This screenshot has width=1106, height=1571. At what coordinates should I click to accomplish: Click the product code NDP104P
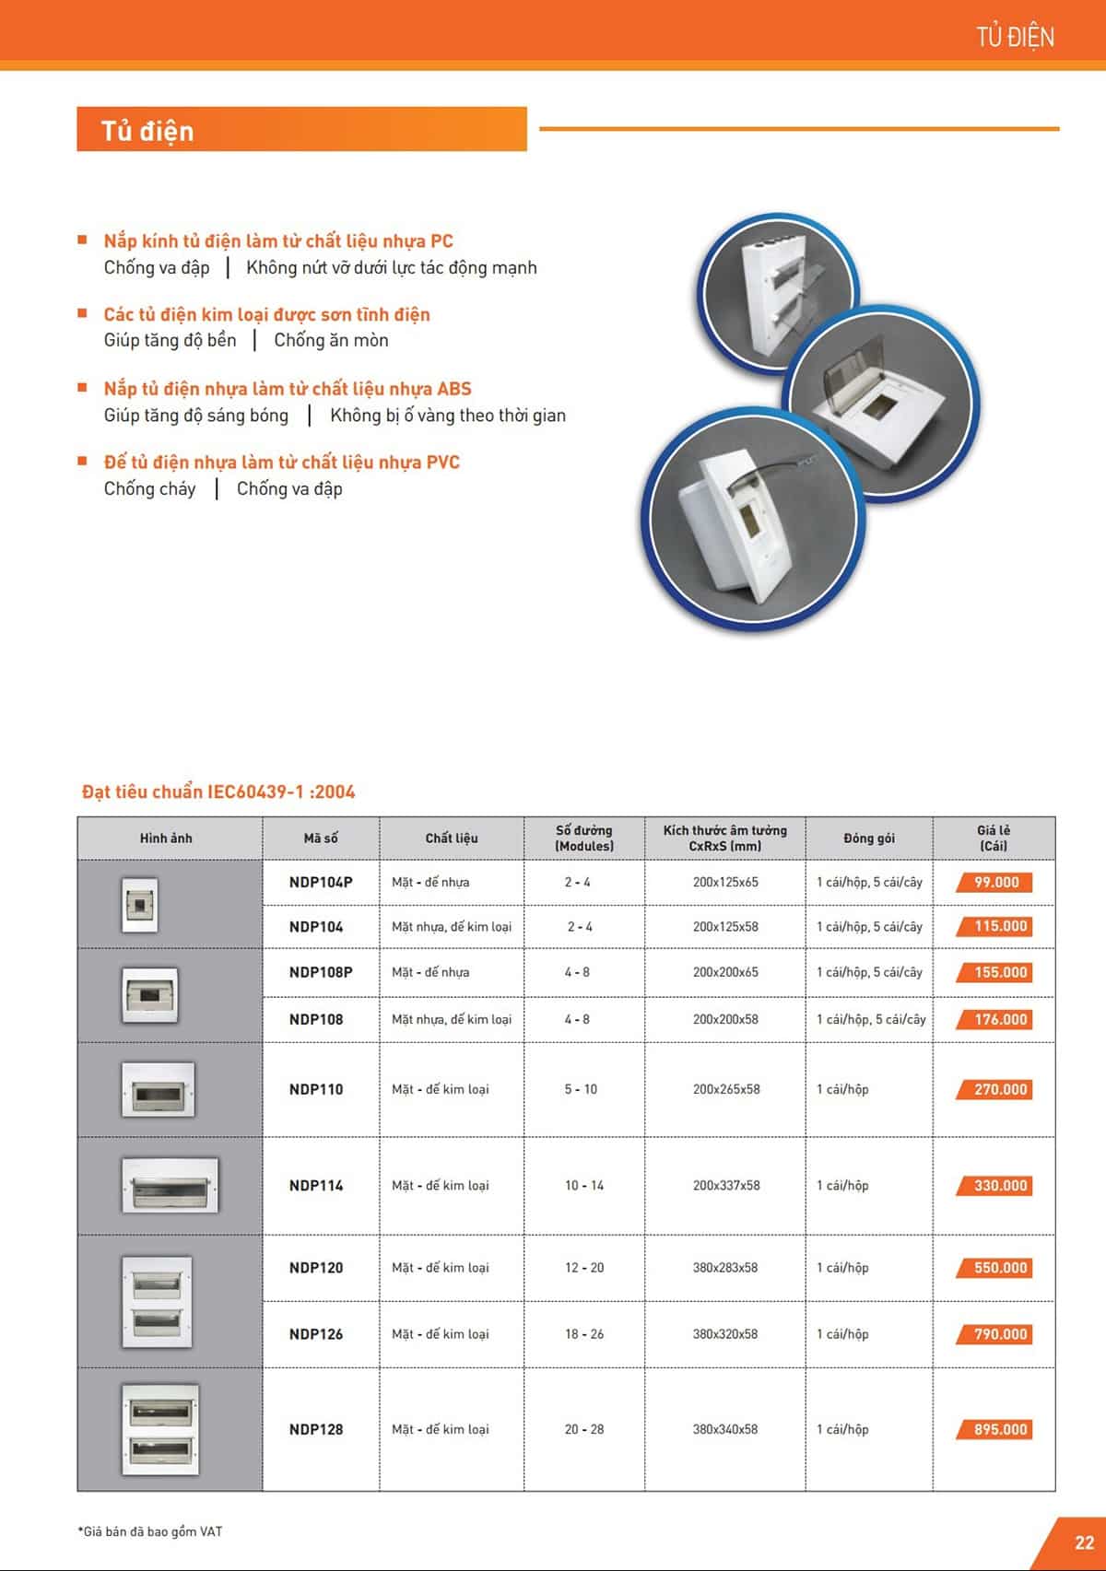pos(321,882)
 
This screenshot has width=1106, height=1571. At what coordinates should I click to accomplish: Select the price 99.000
pos(996,882)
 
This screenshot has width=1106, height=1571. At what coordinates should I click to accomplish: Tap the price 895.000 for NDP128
pos(1000,1429)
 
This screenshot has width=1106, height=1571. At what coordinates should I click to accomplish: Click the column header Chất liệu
pos(452,838)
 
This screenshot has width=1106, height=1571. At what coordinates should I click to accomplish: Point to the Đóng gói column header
pos(868,838)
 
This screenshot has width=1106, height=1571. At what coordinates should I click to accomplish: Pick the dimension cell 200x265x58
pos(726,1089)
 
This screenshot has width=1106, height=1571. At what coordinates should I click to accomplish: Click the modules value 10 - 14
pos(584,1185)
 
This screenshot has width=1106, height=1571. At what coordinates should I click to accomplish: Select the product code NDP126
pos(316,1333)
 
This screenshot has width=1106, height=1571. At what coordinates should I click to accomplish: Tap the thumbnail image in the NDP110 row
pos(158,1089)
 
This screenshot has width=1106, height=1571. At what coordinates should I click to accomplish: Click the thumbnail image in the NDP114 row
pos(170,1185)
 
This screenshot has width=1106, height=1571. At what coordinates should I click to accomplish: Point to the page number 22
pos(1084,1542)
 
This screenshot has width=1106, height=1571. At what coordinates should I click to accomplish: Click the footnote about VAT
pos(149,1531)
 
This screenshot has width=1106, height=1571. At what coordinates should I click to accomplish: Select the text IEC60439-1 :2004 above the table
pos(281,791)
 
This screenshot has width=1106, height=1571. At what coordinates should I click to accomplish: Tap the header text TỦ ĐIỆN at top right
pos(1015,37)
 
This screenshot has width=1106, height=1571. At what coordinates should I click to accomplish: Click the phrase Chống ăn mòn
pos(331,340)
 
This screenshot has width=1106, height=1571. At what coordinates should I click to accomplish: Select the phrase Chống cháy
pos(149,488)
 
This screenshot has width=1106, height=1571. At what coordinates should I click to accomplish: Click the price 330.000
pos(1000,1185)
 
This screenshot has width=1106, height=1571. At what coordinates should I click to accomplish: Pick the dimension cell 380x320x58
pos(725,1333)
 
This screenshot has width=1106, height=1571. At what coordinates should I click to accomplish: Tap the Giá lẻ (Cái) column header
pos(994,838)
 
